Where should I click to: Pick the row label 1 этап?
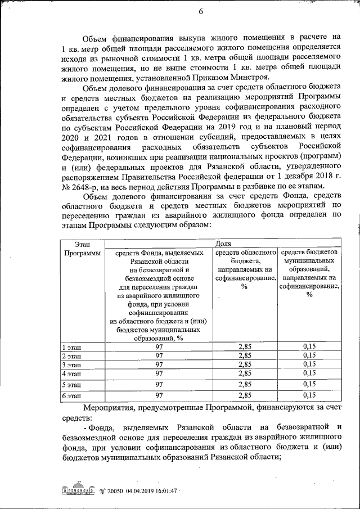(71, 346)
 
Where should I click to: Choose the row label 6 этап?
(71, 396)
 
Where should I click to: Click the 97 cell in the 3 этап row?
(159, 364)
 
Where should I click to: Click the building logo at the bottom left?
(76, 490)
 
